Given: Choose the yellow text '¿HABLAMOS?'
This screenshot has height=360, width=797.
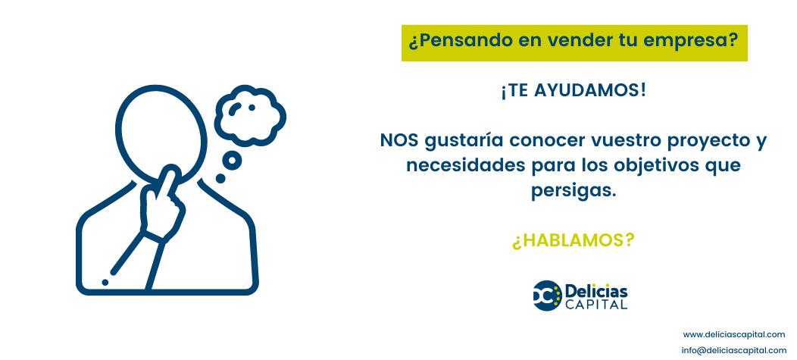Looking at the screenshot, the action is pyautogui.click(x=574, y=240).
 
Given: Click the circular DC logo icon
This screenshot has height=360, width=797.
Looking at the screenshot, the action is pyautogui.click(x=547, y=296).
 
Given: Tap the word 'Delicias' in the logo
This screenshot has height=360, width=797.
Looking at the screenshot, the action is pyautogui.click(x=596, y=291).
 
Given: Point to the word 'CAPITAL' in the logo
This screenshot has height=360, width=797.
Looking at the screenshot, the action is pyautogui.click(x=596, y=305).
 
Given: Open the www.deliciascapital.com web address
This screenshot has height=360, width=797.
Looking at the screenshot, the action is pyautogui.click(x=734, y=334).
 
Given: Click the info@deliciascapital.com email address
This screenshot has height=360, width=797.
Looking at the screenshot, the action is pyautogui.click(x=734, y=350).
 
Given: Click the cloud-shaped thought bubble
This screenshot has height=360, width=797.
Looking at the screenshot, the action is pyautogui.click(x=249, y=113).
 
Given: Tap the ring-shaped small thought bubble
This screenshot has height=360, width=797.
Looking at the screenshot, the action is pyautogui.click(x=232, y=160).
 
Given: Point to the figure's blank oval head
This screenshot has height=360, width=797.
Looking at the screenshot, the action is pyautogui.click(x=161, y=133).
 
